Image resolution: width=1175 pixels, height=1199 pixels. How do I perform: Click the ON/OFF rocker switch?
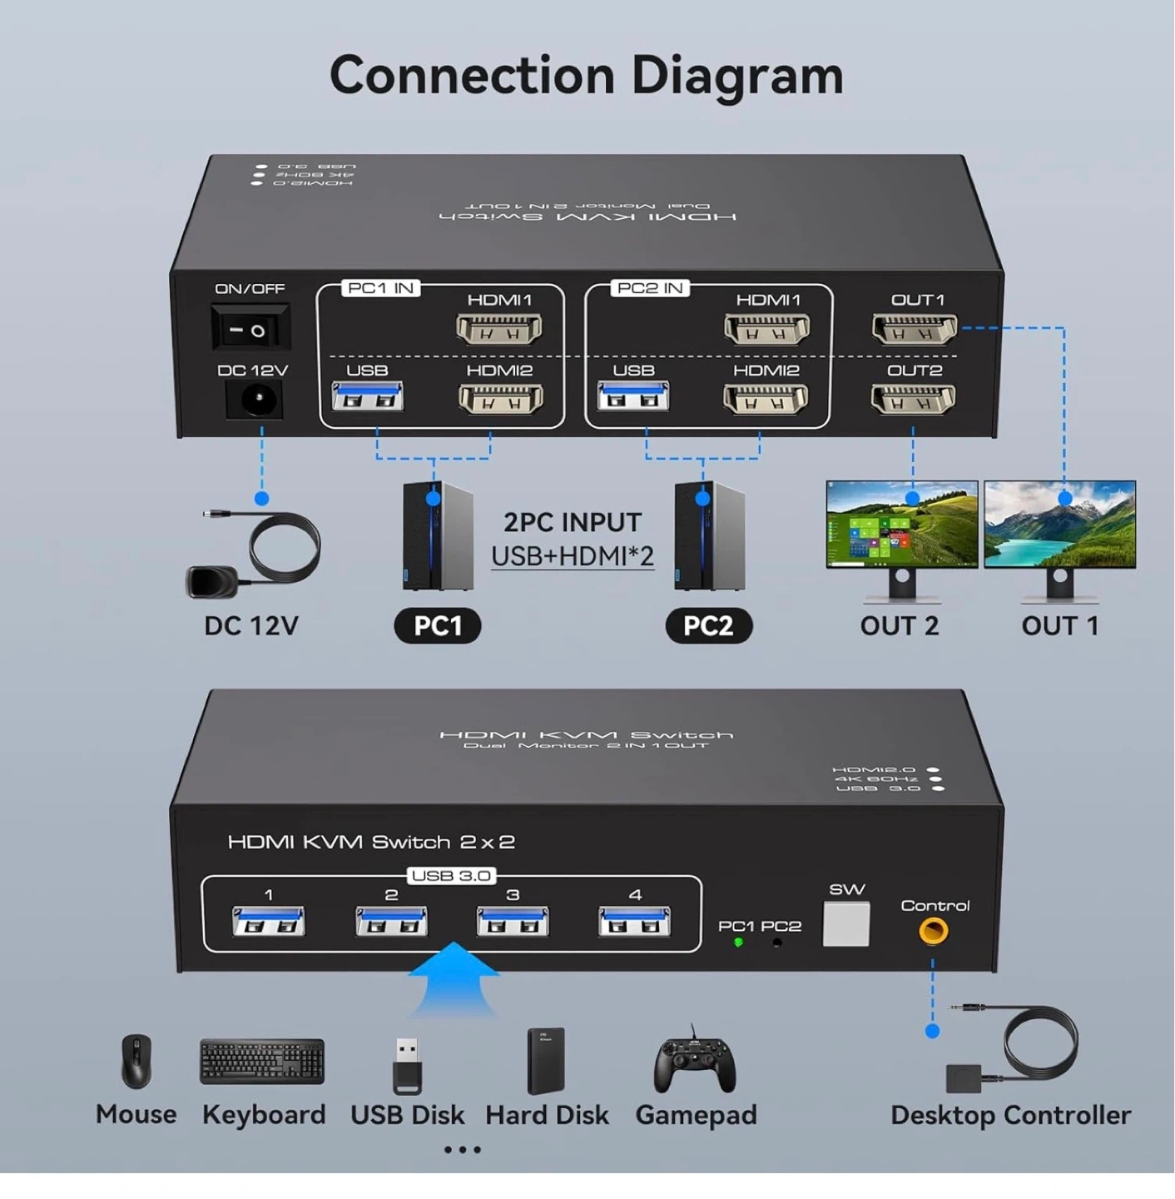(250, 330)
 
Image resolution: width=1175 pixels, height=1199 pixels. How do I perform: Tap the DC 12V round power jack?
(255, 401)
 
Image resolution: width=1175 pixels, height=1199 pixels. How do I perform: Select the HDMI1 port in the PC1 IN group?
(499, 330)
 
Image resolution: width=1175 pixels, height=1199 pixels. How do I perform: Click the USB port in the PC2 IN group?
(632, 397)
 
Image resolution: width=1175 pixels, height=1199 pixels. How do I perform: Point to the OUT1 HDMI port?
(914, 330)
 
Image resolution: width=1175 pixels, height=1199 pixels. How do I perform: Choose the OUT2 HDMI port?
(913, 400)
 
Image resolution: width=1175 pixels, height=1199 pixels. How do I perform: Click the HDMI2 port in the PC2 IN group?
(766, 400)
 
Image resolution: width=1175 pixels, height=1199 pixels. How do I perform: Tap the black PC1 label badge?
(438, 625)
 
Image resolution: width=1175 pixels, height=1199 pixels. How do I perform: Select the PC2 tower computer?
(709, 536)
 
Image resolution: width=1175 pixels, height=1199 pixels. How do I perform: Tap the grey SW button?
(845, 923)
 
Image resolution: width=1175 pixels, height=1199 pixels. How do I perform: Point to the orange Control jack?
(933, 930)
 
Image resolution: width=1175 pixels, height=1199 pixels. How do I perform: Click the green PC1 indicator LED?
(738, 943)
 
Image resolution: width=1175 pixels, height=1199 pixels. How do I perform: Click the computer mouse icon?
(136, 1062)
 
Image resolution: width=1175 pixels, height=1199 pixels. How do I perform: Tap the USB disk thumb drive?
(407, 1065)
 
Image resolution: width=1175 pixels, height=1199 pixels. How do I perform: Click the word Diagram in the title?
(737, 76)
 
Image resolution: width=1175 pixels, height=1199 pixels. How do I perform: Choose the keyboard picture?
(262, 1062)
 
